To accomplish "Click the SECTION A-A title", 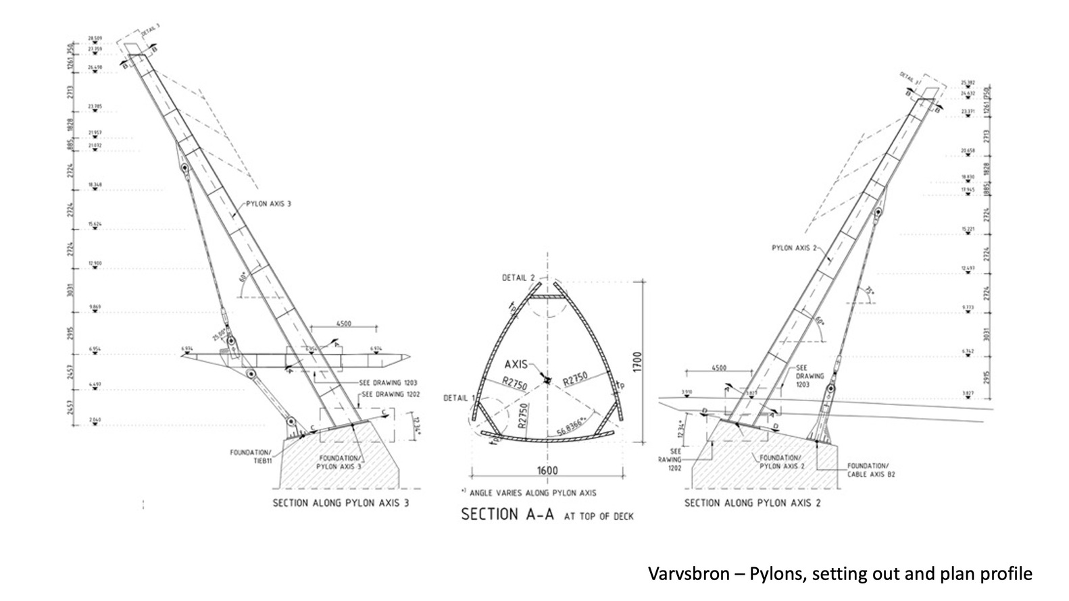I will (507, 515).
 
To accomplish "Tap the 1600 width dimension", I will (548, 471).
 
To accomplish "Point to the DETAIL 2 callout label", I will (518, 278).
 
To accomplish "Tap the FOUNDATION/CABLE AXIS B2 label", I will (868, 469).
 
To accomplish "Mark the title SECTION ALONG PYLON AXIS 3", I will (341, 503).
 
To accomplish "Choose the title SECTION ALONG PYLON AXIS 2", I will (753, 503).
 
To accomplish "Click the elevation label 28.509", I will (94, 38).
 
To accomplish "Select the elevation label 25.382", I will (968, 83).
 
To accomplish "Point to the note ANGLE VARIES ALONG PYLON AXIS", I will (528, 492).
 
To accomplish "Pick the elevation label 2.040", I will (94, 420).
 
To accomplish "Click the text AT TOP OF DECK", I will (599, 517).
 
